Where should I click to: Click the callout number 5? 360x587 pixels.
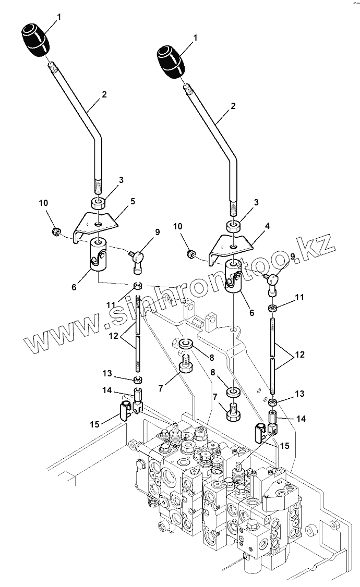pos(133,201)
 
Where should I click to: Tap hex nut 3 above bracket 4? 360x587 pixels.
pos(234,226)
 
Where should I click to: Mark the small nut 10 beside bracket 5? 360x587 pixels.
pos(55,231)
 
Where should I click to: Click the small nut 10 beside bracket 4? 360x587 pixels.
pos(191,254)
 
